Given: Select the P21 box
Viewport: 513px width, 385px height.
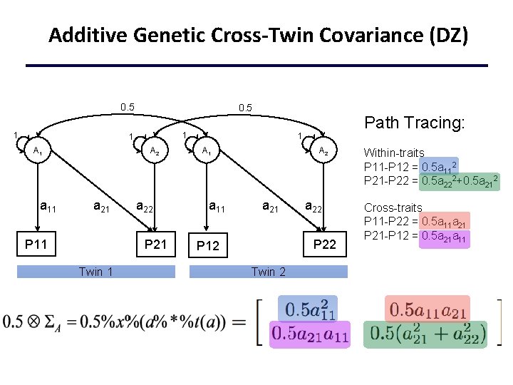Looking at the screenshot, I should pos(155,245).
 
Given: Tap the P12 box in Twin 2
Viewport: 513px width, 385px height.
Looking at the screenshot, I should pos(208,245).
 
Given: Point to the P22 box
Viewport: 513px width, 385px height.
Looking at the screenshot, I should pos(324,245).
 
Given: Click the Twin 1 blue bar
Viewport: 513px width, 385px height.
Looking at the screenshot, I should pos(95,272).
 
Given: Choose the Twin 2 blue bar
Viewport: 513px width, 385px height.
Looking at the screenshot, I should pos(269,272).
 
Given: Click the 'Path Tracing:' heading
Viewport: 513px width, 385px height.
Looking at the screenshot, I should pos(414,123).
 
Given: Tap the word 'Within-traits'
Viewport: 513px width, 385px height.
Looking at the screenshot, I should pos(394,153).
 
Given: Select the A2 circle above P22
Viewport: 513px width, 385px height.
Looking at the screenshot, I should pos(323,151).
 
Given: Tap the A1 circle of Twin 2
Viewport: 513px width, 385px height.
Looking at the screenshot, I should pos(206,151).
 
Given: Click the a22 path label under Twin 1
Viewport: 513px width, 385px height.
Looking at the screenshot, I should pos(147,207).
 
